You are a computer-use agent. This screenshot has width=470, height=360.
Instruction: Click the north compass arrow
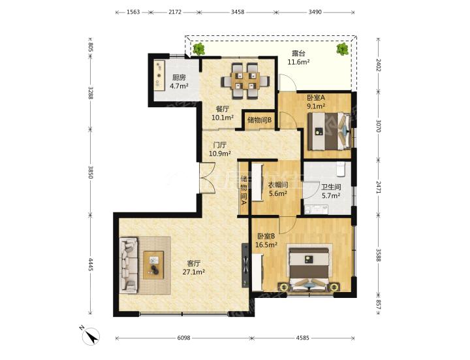point(92,335)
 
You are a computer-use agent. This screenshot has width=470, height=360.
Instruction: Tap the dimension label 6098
point(183,338)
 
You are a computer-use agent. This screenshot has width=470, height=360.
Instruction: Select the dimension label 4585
point(302,338)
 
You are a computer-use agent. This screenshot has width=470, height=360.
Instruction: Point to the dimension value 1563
point(133,12)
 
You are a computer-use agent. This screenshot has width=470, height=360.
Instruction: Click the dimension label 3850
point(91,172)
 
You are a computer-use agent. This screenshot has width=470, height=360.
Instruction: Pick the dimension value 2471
point(378,187)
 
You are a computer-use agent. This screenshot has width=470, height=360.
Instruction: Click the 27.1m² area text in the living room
point(193,272)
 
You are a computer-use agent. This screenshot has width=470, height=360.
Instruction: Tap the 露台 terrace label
point(298,54)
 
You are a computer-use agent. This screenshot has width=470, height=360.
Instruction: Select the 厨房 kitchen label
point(179,78)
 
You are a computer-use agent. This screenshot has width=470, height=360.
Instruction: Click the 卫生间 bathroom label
point(331,188)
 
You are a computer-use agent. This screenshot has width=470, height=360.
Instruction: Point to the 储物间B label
point(260,120)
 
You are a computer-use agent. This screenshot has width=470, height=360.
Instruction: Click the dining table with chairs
point(245,81)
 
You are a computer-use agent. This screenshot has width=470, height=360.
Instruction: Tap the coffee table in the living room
point(153,265)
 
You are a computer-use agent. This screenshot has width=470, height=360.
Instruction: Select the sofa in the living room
point(129,265)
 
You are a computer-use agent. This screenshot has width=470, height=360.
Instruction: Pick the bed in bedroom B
point(309,268)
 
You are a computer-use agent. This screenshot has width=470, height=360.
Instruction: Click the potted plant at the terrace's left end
point(198,48)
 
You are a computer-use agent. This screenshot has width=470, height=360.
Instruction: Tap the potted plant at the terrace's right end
point(342,48)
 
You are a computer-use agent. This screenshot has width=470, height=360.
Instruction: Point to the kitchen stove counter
point(159,75)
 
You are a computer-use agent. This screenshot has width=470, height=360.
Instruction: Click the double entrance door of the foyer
point(208,178)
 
